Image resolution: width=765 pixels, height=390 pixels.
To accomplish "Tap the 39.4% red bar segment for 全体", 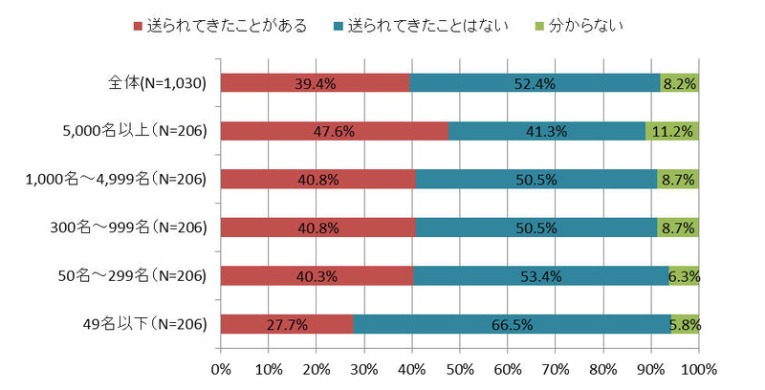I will coord(315,83).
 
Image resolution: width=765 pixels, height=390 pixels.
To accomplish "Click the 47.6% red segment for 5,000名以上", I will coord(335,131).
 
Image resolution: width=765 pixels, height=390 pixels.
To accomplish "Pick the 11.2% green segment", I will coord(672,131).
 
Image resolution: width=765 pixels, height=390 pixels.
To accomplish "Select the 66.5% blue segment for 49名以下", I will coord(512,324).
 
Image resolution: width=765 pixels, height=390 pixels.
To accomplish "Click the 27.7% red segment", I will coord(287,324).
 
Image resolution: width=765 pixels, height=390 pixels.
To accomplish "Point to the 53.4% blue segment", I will coord(540,276).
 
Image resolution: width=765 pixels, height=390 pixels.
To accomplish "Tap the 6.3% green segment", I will coord(684,276).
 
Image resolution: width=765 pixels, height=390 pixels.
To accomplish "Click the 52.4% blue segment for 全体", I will coord(535,83).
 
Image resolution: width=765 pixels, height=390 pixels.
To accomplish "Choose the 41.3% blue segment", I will coord(547,131).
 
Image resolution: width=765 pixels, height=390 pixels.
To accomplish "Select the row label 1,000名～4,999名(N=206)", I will coord(116,179).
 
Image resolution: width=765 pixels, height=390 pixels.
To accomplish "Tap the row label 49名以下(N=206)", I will coord(146,324).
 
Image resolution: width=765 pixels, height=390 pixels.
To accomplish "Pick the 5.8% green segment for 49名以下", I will coord(685,324).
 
